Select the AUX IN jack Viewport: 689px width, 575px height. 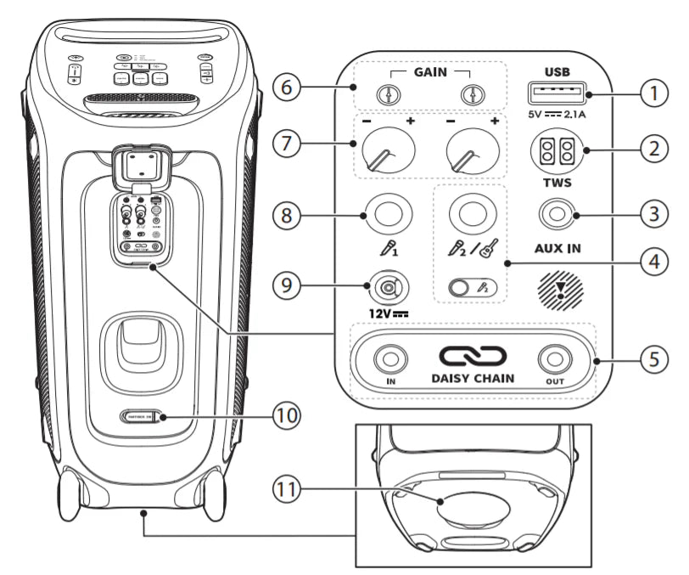pyautogui.click(x=556, y=217)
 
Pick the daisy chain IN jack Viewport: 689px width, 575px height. pyautogui.click(x=391, y=360)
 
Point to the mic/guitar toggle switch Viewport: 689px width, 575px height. pyautogui.click(x=472, y=287)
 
